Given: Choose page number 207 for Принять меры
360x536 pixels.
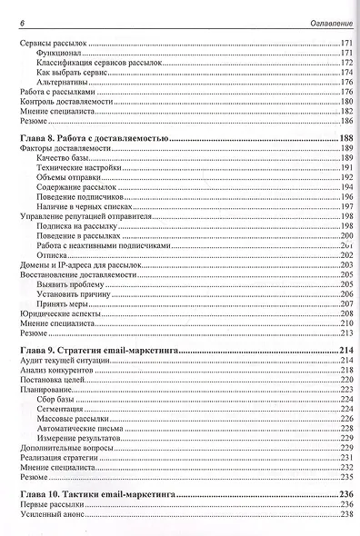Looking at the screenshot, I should click(x=345, y=304).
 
